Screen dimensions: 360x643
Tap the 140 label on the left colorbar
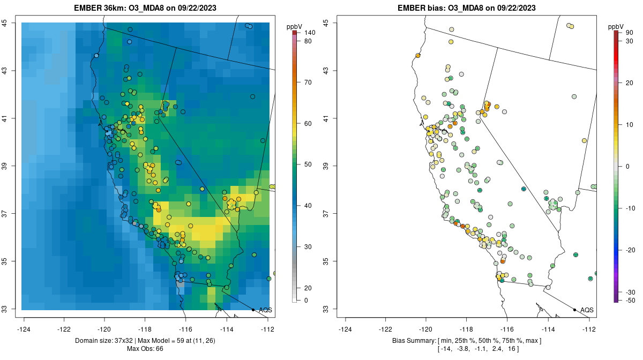coord(310,33)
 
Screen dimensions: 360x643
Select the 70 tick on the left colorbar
coord(308,82)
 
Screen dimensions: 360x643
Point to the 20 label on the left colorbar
coord(308,288)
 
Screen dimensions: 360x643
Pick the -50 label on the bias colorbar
coord(630,300)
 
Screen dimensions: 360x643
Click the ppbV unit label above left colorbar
coord(295,26)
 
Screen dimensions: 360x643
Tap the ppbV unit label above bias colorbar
coord(616,26)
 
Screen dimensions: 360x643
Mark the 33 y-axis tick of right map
coord(326,309)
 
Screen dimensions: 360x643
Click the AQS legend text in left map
coord(265,310)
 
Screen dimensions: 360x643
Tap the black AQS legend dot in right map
coord(574,310)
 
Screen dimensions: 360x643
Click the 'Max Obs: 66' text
coord(145,349)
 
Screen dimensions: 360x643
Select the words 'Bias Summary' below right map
coord(413,341)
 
